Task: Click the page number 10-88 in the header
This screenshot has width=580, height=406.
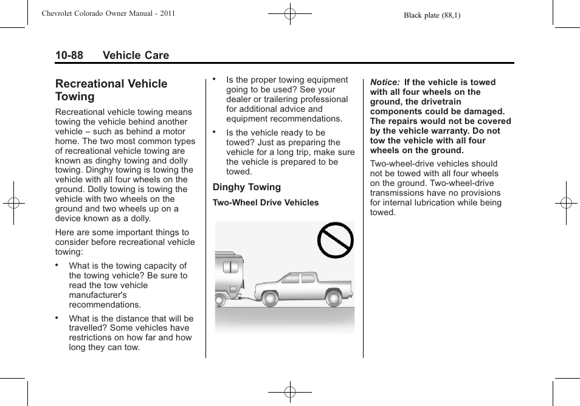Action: pos(69,55)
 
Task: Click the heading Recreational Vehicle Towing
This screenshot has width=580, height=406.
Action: pos(111,90)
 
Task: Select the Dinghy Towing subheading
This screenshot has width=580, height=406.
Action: pos(247,187)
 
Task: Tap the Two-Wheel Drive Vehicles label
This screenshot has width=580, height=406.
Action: pos(266,202)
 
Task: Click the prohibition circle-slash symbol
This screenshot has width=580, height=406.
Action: pos(336,240)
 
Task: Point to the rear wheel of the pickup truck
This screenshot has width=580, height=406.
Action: pos(333,298)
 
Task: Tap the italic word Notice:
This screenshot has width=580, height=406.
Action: pos(384,82)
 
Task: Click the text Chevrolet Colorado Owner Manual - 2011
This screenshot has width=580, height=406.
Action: pos(108,13)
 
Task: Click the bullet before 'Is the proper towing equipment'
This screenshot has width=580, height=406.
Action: pos(215,79)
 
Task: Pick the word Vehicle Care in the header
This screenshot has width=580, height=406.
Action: pos(136,55)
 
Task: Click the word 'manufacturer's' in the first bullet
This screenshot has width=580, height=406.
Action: pos(98,295)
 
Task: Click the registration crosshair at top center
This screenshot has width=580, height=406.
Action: pos(290,13)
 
